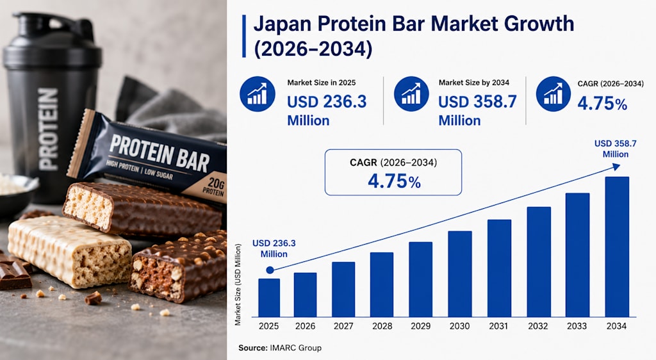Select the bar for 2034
pos(617,247)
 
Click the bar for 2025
pos(269,298)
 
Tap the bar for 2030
pos(460,274)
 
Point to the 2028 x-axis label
pos(382,326)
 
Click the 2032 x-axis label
pos(537,326)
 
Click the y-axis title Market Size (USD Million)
pos(238,285)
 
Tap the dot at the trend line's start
pos(270,270)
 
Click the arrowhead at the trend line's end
pos(616,167)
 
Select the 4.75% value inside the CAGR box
pos(394,181)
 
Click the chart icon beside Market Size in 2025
pos(258,94)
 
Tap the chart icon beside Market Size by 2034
pos(411,94)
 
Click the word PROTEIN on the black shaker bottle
pos(48,129)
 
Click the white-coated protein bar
pos(69,251)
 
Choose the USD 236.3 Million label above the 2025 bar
pos(274,249)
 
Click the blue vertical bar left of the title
pos(244,37)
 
